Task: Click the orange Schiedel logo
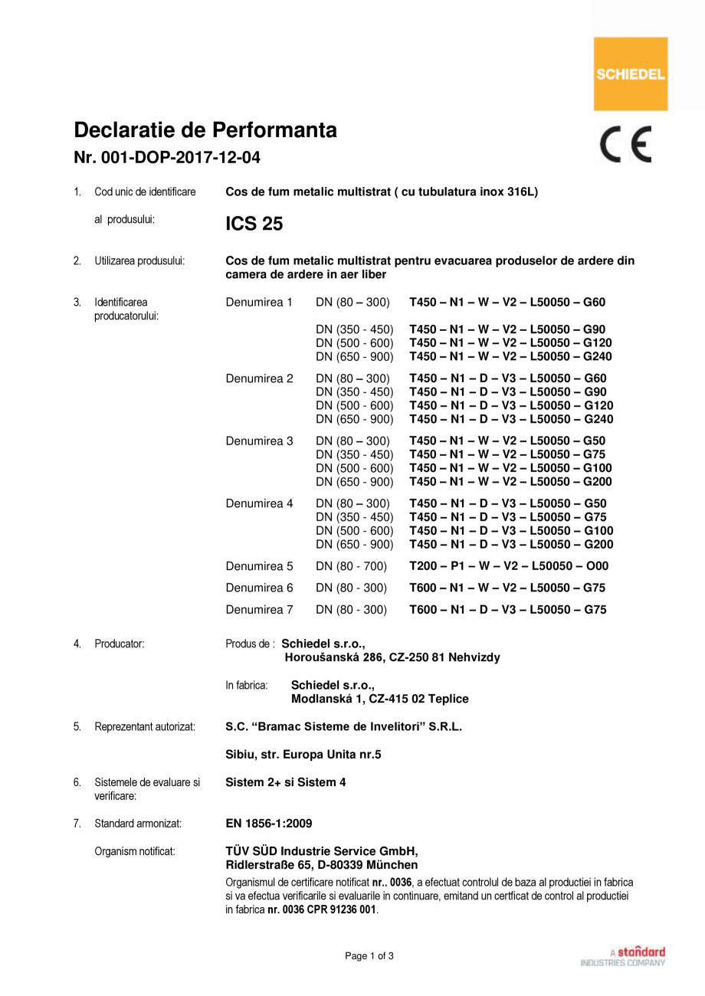[x=631, y=74]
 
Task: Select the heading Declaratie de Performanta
[x=205, y=129]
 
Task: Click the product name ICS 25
[x=254, y=224]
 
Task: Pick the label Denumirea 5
[x=259, y=567]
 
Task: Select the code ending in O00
[x=510, y=567]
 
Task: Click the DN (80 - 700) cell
[x=351, y=567]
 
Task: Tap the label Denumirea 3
[x=259, y=441]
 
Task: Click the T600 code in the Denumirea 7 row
[x=508, y=610]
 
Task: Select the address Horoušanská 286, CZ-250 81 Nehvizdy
[x=392, y=657]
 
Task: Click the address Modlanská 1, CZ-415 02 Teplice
[x=380, y=699]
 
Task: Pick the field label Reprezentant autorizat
[x=145, y=726]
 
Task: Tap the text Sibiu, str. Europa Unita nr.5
[x=303, y=755]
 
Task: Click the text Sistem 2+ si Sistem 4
[x=286, y=782]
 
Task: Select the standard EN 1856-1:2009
[x=269, y=824]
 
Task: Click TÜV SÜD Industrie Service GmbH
[x=322, y=851]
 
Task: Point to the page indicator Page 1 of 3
[x=369, y=956]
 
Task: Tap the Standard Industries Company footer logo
[x=623, y=956]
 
